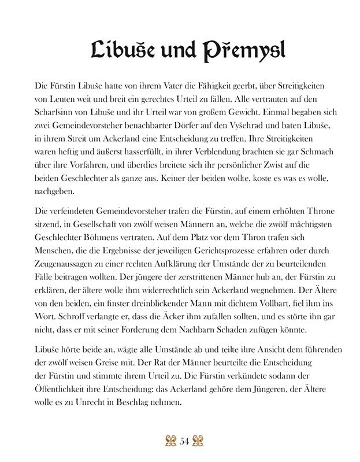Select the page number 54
pos(185,441)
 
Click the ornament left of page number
pos(170,441)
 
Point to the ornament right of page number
pos(200,441)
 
